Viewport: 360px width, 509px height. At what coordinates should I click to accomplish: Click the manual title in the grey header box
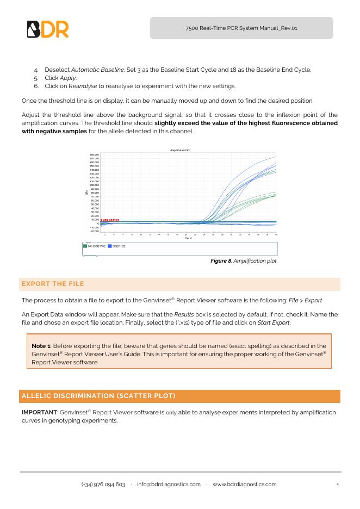(241, 28)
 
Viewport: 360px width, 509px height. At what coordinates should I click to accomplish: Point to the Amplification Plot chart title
(179, 150)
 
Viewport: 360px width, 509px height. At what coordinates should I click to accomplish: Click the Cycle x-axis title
(188, 238)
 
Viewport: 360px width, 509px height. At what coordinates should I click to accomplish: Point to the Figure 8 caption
(243, 261)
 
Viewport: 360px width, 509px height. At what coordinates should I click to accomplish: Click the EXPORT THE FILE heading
(52, 284)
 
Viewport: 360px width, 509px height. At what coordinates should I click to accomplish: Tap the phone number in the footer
(103, 485)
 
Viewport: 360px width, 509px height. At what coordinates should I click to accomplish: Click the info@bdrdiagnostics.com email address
(169, 485)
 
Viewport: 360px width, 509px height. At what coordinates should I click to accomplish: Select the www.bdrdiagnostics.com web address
(244, 485)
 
